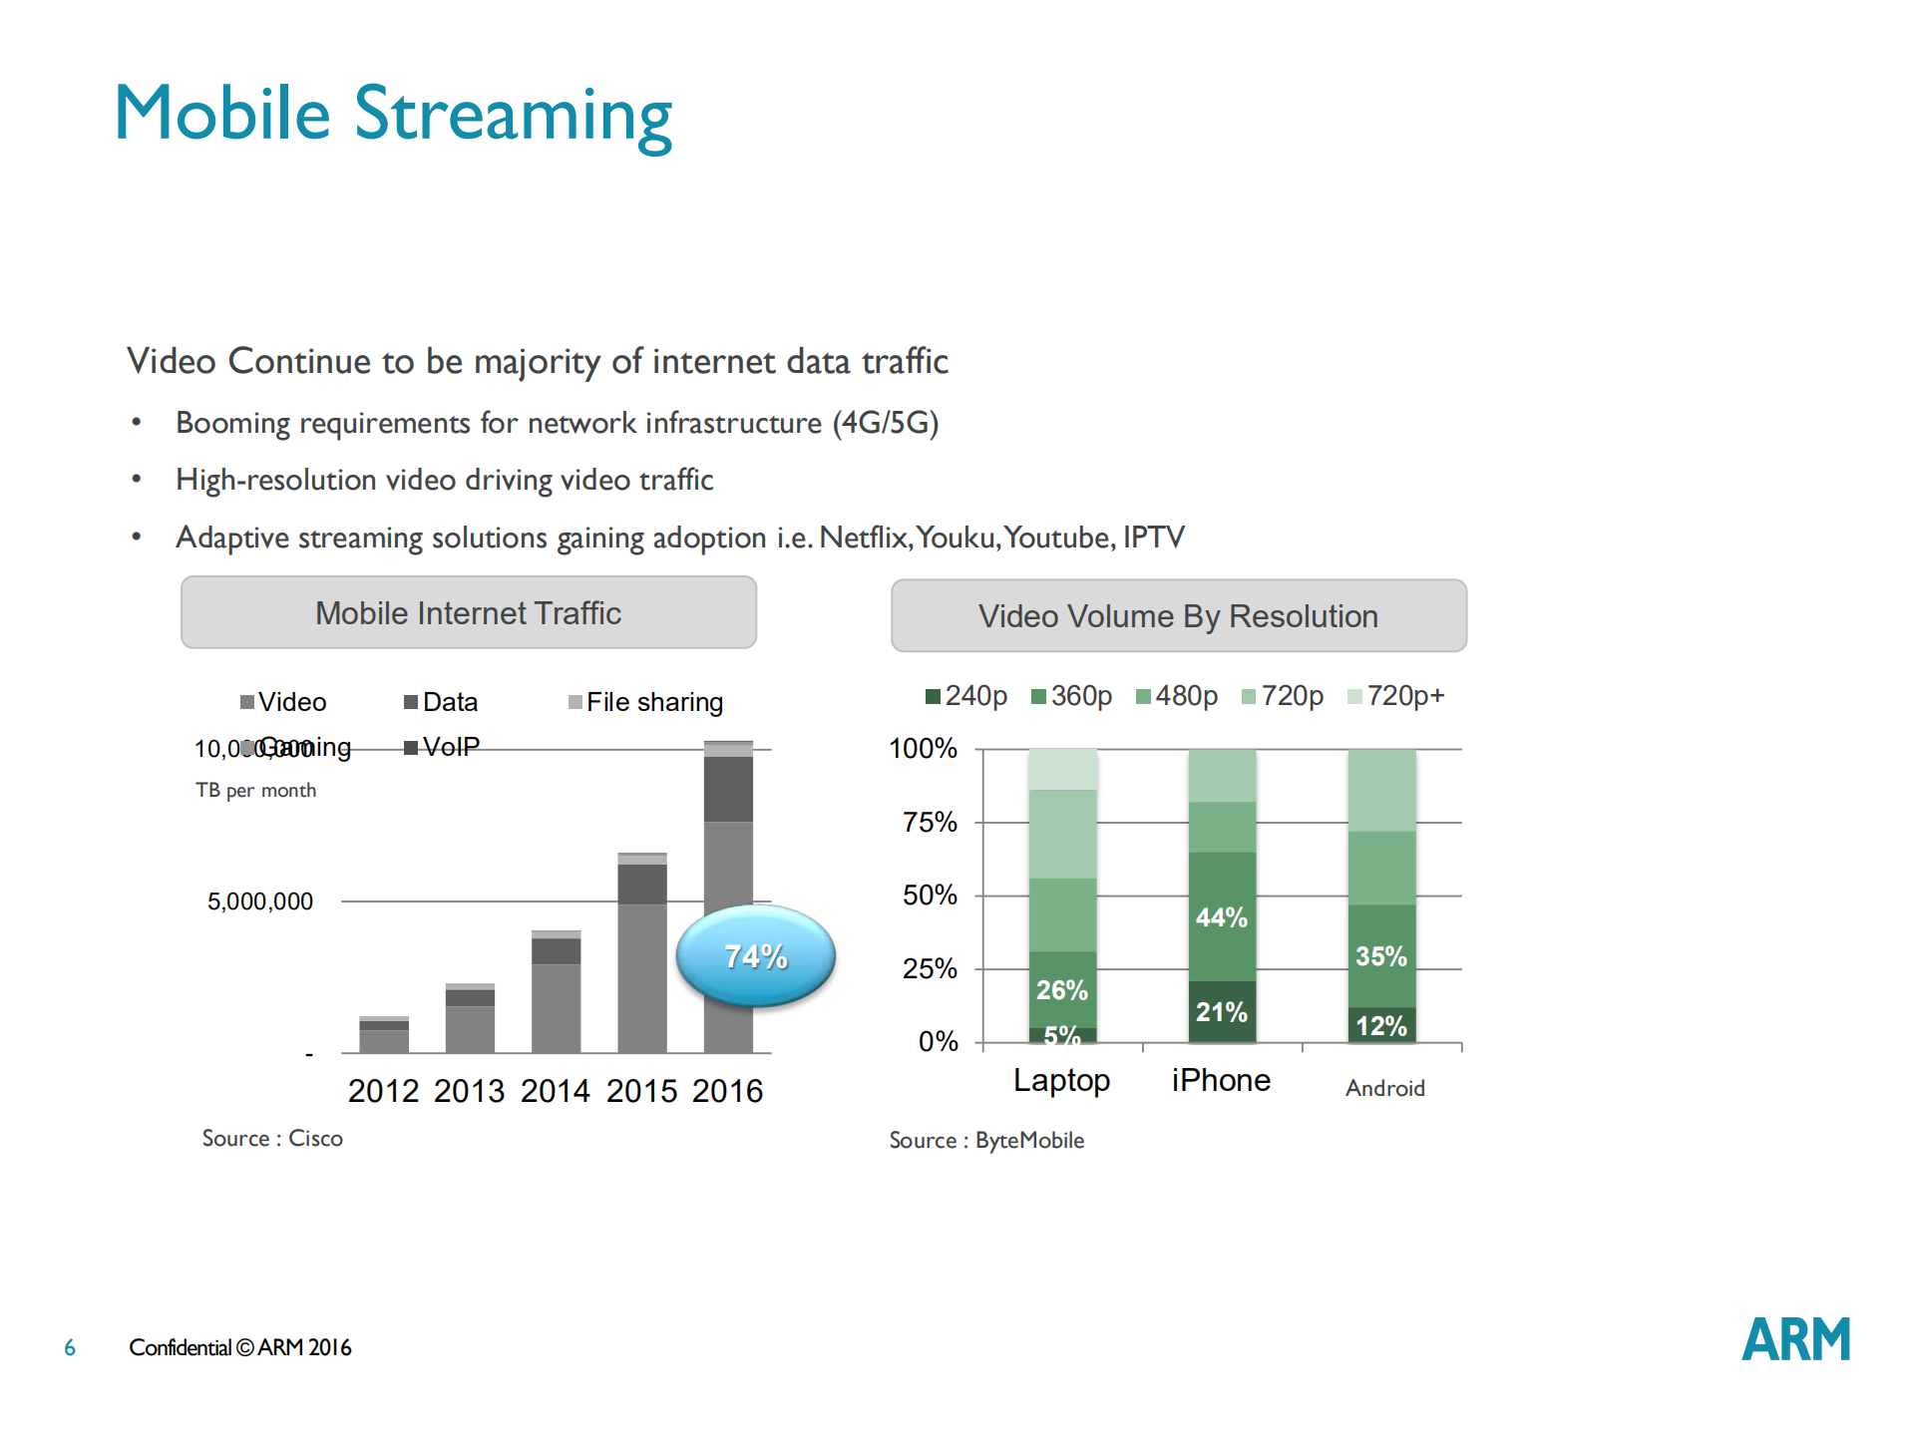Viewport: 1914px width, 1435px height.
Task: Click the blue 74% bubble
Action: click(755, 955)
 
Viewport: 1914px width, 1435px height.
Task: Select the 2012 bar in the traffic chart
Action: click(384, 1036)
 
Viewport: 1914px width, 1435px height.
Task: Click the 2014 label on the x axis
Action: click(555, 1091)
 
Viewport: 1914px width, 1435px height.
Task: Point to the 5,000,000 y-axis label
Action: click(259, 901)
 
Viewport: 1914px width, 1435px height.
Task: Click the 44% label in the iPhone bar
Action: click(1221, 917)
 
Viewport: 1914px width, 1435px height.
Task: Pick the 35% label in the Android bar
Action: click(1380, 956)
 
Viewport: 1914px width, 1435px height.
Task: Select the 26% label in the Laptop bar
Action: click(1061, 990)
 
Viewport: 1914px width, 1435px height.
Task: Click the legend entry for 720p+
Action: click(1395, 695)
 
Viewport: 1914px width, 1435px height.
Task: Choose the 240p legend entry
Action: click(966, 695)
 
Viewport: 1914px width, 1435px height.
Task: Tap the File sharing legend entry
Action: click(645, 702)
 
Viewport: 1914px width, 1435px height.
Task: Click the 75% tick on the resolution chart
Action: click(930, 822)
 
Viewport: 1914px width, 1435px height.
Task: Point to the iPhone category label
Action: click(1221, 1080)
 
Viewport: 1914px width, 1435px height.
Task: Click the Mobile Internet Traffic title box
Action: click(468, 612)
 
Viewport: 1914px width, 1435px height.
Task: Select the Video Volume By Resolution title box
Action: click(1178, 615)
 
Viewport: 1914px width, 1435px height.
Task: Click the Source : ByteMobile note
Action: click(986, 1140)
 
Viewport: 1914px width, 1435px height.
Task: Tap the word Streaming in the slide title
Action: click(514, 116)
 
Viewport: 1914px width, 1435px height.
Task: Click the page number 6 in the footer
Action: click(70, 1348)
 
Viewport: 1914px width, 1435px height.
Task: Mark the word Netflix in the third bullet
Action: click(864, 538)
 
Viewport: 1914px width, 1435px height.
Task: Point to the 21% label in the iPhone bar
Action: click(1221, 1012)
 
